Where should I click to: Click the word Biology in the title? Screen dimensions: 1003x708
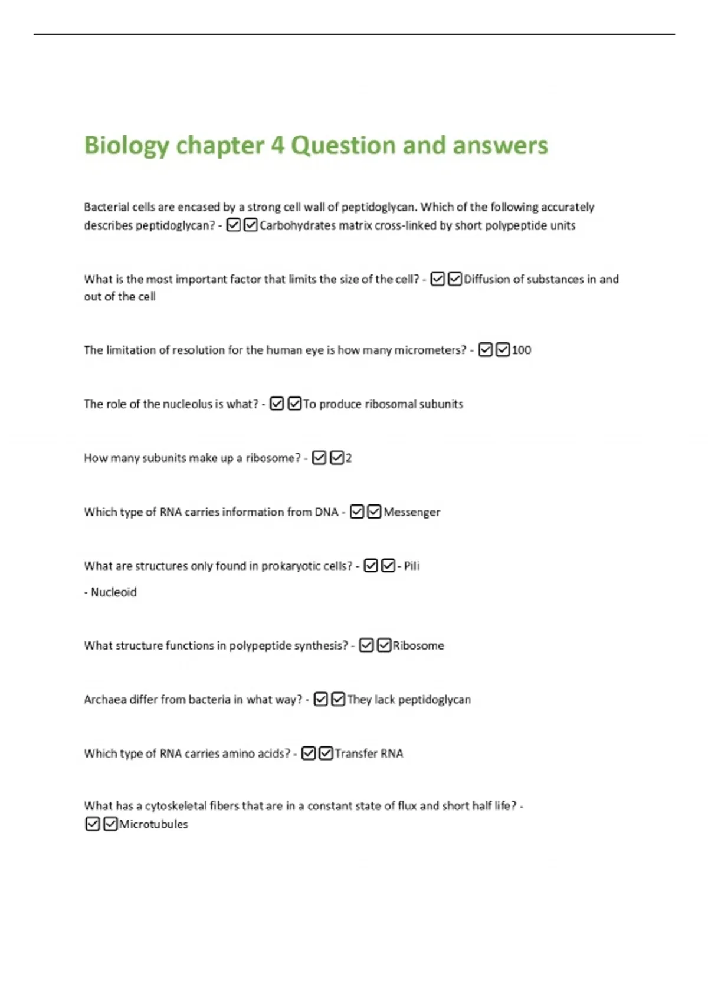[126, 146]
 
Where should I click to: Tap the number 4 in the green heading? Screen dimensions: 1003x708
[277, 145]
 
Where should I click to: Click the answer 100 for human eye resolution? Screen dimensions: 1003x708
[522, 350]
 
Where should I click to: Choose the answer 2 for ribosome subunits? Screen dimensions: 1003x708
[349, 458]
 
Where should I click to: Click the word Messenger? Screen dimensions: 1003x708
[412, 512]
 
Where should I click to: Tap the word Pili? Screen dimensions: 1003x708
[412, 566]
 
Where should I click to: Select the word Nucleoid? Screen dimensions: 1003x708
[113, 592]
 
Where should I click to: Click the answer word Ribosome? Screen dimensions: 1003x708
[418, 645]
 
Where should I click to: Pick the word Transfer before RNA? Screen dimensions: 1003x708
[356, 753]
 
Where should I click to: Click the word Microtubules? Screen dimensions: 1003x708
[153, 824]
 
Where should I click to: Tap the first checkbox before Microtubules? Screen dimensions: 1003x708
[93, 824]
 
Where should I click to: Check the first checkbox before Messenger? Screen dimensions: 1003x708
[357, 512]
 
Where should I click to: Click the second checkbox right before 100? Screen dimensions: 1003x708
[503, 350]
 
